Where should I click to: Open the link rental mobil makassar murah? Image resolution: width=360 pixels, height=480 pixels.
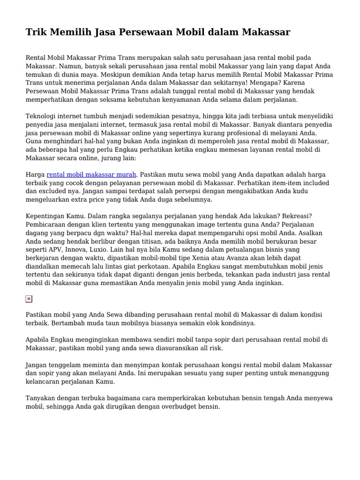pos(91,174)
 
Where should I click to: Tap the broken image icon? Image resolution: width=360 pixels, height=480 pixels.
pos(29,299)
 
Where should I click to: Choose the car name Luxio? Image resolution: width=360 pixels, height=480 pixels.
pos(102,249)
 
